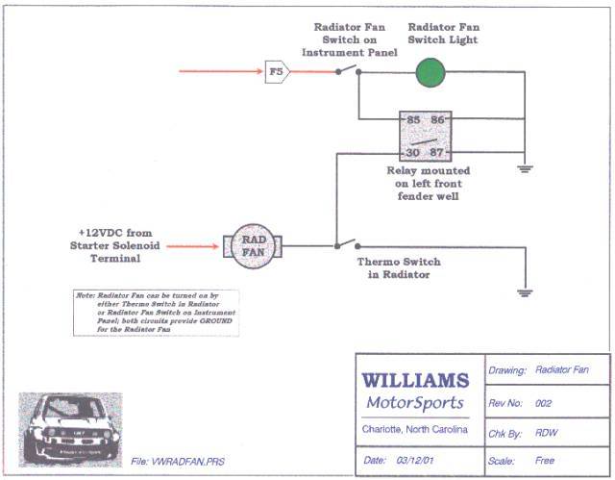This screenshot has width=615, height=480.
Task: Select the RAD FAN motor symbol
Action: coord(249,246)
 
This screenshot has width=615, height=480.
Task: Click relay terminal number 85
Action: coord(412,120)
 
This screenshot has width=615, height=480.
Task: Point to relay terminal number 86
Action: coord(438,120)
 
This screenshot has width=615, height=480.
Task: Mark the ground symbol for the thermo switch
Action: coord(524,292)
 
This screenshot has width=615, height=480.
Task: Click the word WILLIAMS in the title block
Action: coord(414,381)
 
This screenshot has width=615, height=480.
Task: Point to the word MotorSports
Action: coord(414,402)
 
